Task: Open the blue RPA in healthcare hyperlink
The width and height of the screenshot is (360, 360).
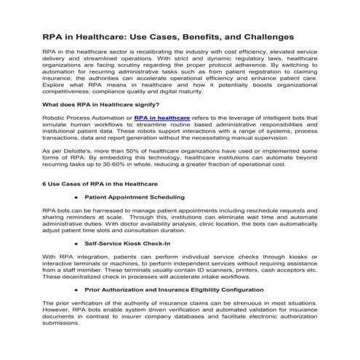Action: click(161, 116)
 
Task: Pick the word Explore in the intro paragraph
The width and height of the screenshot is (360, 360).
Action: click(57, 86)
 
